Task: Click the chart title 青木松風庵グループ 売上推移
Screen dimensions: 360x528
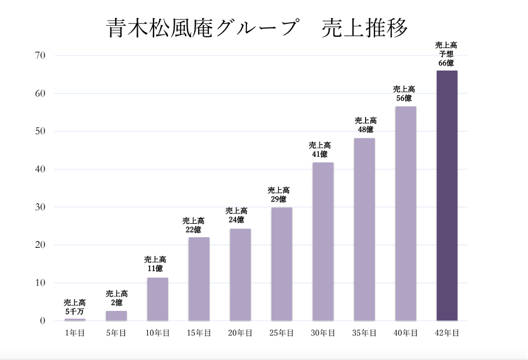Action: [x=257, y=28]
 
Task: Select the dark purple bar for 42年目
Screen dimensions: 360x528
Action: [x=447, y=196]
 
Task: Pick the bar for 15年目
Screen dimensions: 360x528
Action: [x=199, y=279]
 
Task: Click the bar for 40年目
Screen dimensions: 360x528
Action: [x=405, y=213]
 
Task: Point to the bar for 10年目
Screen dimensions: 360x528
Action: [x=157, y=299]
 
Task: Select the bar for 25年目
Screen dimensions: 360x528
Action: [x=282, y=264]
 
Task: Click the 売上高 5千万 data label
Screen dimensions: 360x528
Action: [x=75, y=307]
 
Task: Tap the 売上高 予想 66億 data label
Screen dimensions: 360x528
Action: [x=446, y=54]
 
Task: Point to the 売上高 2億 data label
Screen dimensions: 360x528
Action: [x=116, y=298]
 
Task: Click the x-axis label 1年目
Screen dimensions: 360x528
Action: [x=75, y=333]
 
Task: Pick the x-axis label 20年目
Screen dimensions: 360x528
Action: [x=240, y=333]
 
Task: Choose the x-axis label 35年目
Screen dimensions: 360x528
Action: [x=364, y=333]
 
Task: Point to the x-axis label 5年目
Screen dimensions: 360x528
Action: [x=116, y=333]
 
